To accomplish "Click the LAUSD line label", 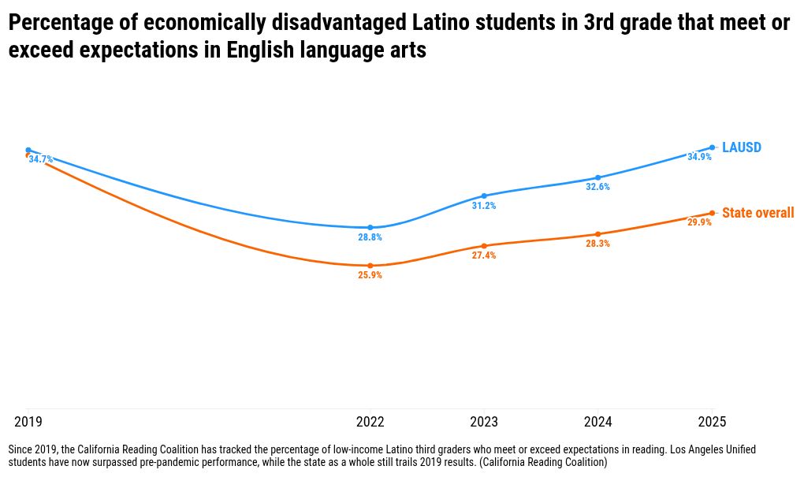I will click(x=741, y=148).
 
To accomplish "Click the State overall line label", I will click(x=757, y=214).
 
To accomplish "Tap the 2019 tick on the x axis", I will click(x=28, y=422).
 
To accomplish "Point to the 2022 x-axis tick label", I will click(x=370, y=422).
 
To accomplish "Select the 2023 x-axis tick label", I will click(x=484, y=422).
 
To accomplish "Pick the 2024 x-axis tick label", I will click(x=598, y=422).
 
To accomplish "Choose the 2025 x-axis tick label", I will click(x=713, y=422).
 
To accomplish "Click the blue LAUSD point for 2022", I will click(x=370, y=227).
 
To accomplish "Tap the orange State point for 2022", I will click(x=370, y=266).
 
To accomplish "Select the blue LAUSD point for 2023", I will click(x=484, y=196).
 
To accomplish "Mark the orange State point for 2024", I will click(x=598, y=234).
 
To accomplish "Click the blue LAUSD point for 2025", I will click(x=713, y=147).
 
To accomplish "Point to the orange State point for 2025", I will click(x=713, y=213).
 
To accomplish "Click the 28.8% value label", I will click(x=370, y=237).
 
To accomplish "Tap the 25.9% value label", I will click(x=370, y=276).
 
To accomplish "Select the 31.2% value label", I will click(x=484, y=206).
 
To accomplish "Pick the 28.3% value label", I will click(x=597, y=244).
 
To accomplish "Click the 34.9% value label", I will click(x=699, y=157).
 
